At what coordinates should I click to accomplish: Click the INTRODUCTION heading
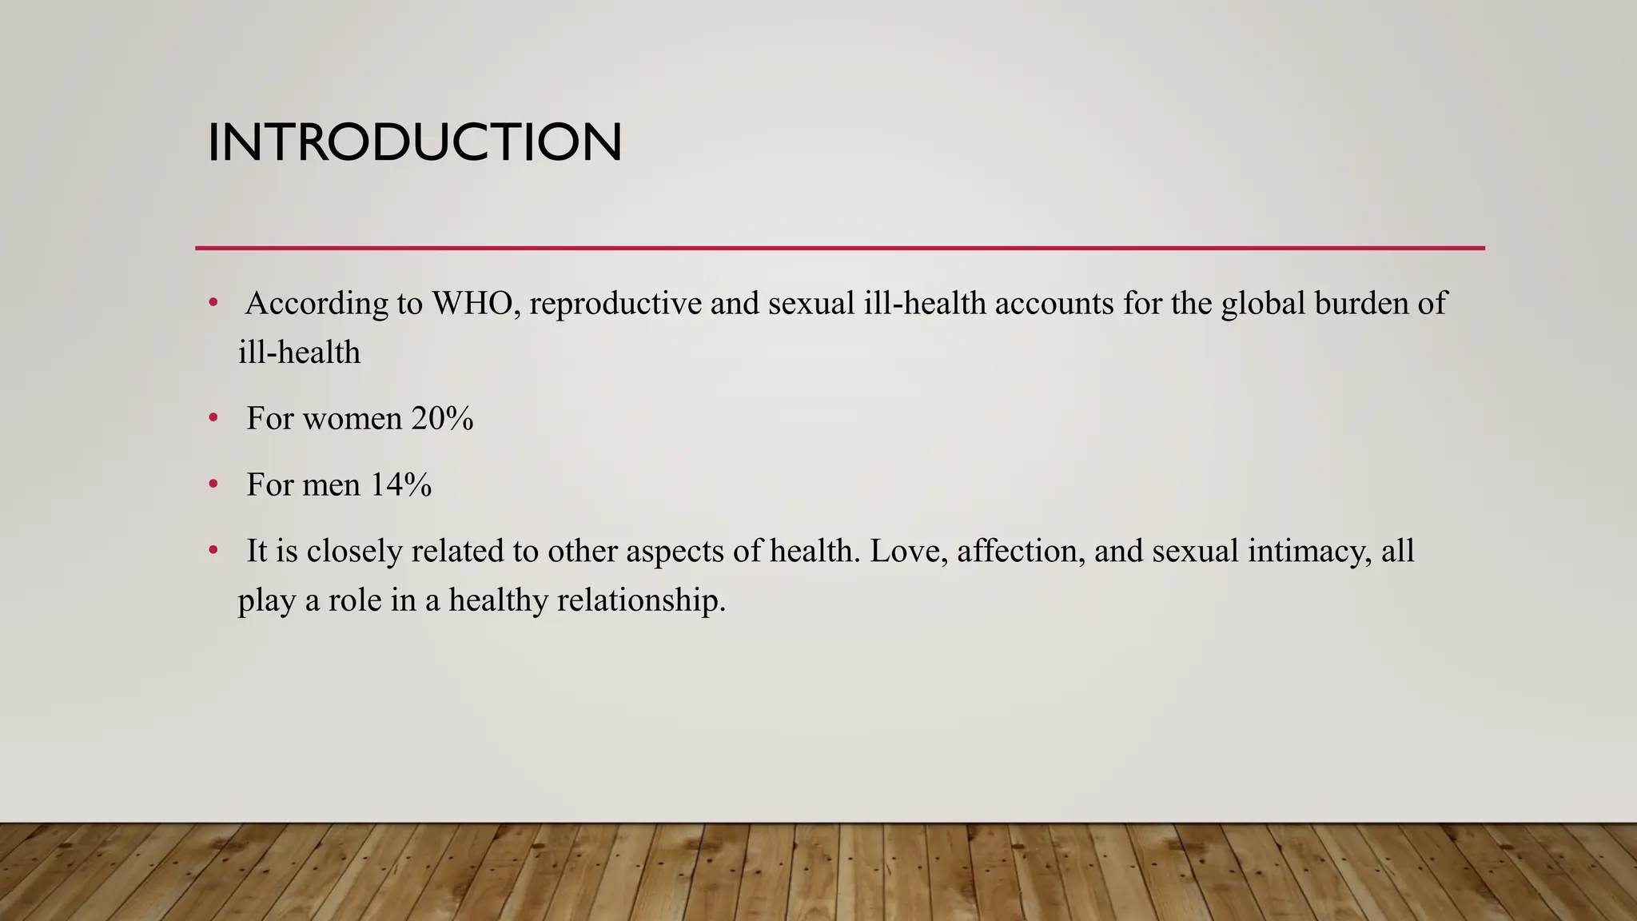(x=414, y=142)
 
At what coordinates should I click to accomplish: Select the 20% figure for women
(x=442, y=418)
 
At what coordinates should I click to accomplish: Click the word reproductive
(x=615, y=304)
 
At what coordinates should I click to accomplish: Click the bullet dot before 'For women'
(x=213, y=417)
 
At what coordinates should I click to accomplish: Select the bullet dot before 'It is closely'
(x=213, y=550)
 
